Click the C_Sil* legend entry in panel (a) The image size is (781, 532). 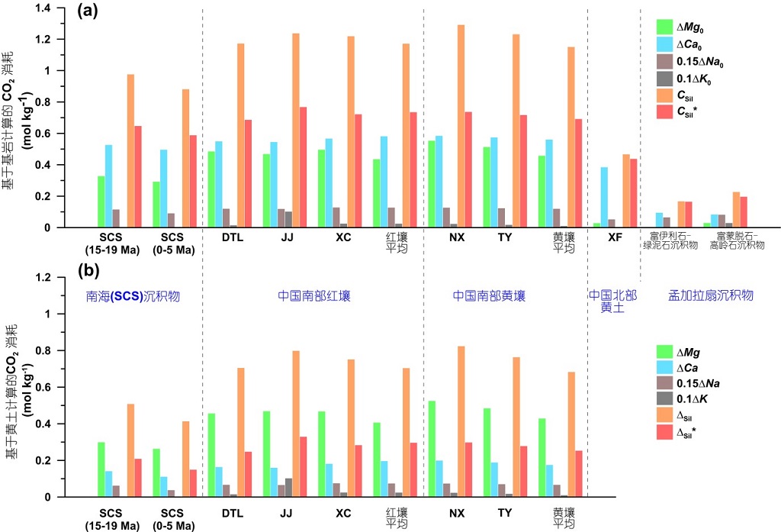tap(689, 112)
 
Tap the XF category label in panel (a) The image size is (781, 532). tap(615, 237)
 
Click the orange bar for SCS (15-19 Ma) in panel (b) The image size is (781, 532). tap(130, 450)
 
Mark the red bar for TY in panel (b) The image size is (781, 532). tap(522, 472)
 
